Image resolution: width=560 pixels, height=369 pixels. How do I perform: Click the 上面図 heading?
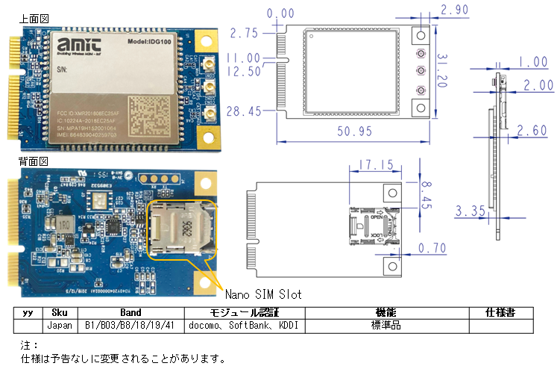click(x=34, y=18)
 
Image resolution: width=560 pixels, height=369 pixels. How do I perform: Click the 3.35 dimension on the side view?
click(x=471, y=212)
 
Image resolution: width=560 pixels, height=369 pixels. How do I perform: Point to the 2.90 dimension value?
click(x=456, y=10)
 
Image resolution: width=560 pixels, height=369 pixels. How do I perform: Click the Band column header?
click(x=130, y=311)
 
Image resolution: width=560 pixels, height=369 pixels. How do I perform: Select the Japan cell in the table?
click(x=57, y=325)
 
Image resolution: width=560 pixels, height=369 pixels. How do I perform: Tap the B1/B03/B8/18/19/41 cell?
click(x=130, y=325)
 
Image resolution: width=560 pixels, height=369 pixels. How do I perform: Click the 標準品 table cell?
click(x=386, y=325)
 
